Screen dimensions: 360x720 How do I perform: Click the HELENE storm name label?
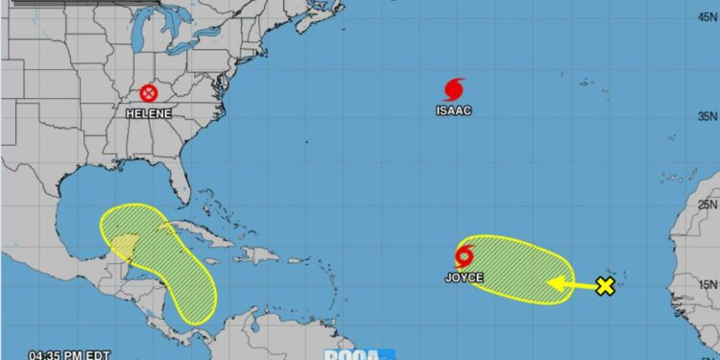point(149,113)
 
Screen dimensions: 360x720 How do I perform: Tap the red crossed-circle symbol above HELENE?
point(149,93)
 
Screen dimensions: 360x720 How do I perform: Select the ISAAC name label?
point(454,110)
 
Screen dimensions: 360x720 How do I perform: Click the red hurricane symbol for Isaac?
point(454,89)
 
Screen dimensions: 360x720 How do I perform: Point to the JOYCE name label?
point(464,278)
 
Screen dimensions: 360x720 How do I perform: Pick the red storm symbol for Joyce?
point(466,257)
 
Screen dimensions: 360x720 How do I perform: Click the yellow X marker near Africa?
point(605,286)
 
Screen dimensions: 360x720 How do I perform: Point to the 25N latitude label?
point(707,203)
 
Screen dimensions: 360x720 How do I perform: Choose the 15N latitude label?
point(707,284)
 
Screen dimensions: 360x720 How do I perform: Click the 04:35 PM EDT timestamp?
point(55,354)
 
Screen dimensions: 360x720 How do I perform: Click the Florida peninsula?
point(180,182)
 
